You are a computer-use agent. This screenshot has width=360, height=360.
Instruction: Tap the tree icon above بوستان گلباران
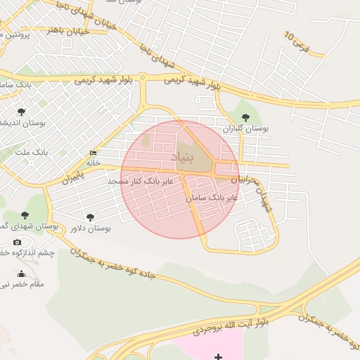pyautogui.click(x=245, y=117)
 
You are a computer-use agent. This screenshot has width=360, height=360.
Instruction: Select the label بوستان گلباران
pyautogui.click(x=246, y=129)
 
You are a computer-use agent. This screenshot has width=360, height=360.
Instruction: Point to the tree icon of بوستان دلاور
pyautogui.click(x=89, y=217)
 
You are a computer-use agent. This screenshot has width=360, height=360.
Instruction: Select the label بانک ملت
pyautogui.click(x=31, y=152)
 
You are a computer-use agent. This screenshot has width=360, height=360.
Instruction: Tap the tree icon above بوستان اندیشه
pyautogui.click(x=21, y=111)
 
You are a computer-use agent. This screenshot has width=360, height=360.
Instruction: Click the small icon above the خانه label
pyautogui.click(x=94, y=153)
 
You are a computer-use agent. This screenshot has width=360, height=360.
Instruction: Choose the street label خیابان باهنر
pyautogui.click(x=67, y=30)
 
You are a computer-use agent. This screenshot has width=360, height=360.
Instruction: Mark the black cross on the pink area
pyautogui.click(x=218, y=356)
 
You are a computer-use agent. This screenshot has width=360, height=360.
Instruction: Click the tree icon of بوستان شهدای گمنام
pyautogui.click(x=25, y=215)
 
